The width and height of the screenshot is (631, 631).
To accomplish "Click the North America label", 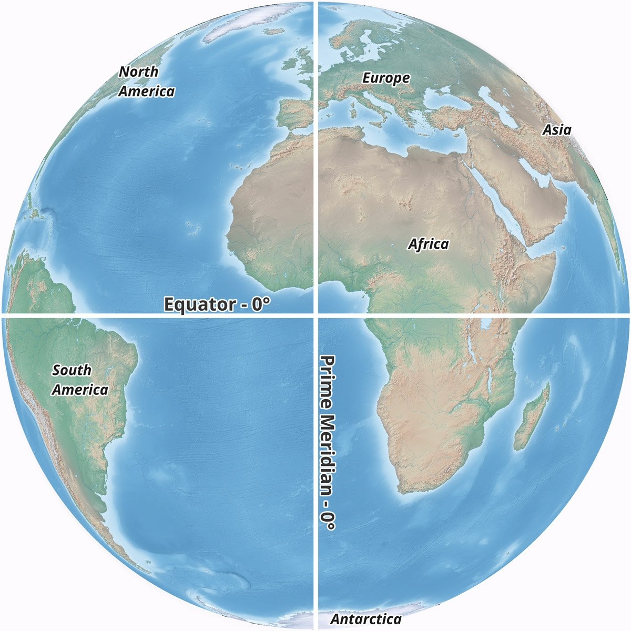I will click(146, 81).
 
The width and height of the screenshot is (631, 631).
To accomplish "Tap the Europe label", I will click(386, 78).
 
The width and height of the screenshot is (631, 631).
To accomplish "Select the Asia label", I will click(557, 129).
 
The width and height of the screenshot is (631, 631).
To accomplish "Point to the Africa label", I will click(429, 244).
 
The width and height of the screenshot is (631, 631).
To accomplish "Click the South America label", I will click(80, 380).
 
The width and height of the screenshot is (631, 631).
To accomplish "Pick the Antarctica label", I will click(365, 619).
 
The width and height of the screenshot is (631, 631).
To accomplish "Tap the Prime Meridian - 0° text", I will click(328, 442).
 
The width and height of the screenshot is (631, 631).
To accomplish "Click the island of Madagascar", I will click(533, 418).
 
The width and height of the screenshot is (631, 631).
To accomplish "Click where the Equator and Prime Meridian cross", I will click(315, 315).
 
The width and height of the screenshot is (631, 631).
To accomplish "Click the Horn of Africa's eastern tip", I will click(555, 256).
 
